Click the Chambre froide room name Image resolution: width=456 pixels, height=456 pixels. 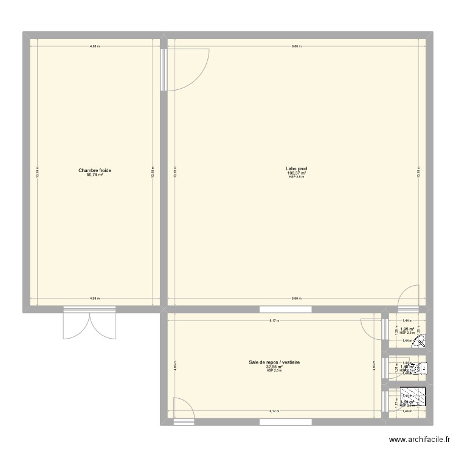point(95,170)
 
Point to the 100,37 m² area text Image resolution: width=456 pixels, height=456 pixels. point(296,173)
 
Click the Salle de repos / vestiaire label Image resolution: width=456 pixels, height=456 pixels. point(275,363)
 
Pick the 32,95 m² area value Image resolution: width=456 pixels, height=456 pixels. point(275,367)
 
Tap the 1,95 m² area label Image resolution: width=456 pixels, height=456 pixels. point(407,330)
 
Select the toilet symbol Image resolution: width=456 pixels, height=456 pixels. point(423,367)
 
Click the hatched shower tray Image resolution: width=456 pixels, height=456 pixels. point(414,398)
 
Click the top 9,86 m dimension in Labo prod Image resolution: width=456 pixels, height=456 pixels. point(296,46)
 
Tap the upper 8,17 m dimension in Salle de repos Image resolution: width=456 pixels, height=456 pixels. point(275,321)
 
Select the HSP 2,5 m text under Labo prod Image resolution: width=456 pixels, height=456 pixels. point(296,177)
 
